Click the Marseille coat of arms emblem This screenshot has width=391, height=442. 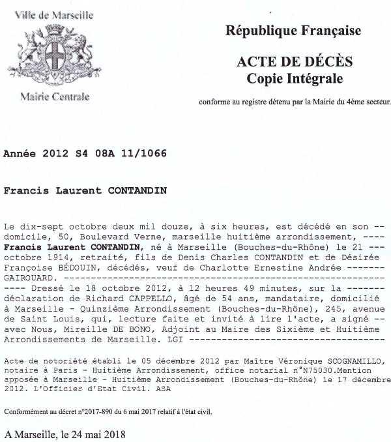click(x=54, y=55)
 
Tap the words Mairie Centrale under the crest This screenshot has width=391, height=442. click(x=55, y=97)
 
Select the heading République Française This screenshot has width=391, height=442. click(x=293, y=31)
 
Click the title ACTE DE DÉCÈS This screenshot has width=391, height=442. click(x=295, y=63)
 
